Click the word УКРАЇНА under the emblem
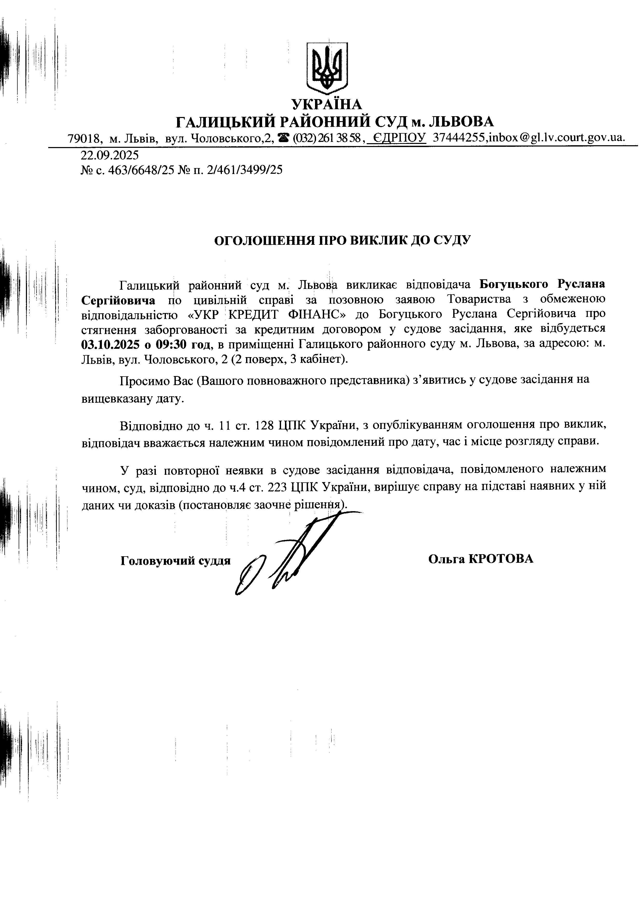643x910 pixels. [327, 104]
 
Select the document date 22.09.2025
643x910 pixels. [110, 154]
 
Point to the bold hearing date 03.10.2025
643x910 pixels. [110, 344]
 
